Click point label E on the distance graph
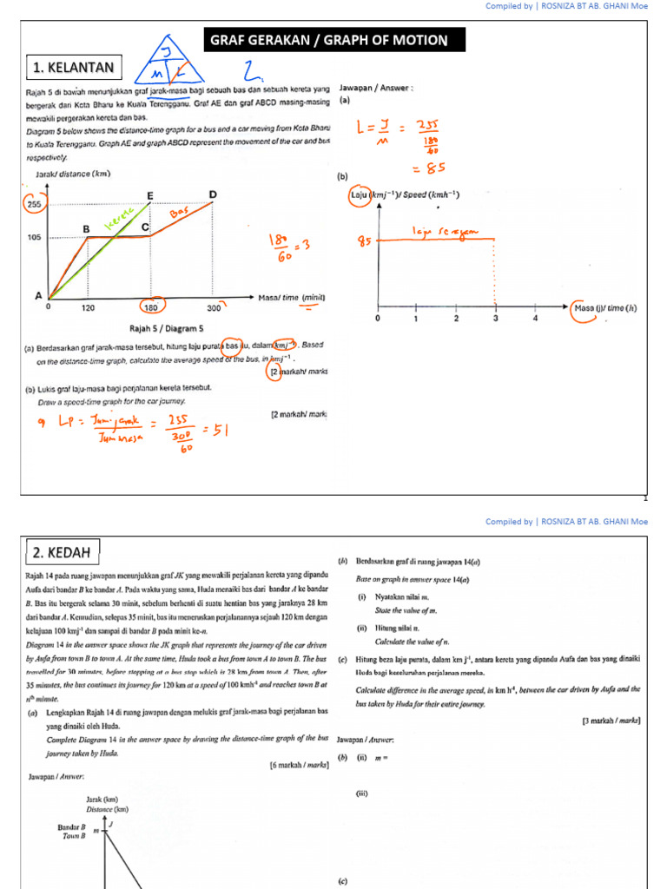point(150,196)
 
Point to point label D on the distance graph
point(212,194)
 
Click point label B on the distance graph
point(86,228)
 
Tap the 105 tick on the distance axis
point(34,236)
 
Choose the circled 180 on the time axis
point(149,307)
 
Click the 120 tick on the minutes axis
point(89,307)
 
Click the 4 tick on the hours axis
point(535,319)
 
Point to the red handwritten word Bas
point(179,213)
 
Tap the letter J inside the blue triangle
point(164,53)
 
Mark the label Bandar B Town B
point(73,832)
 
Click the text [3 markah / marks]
point(611,721)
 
